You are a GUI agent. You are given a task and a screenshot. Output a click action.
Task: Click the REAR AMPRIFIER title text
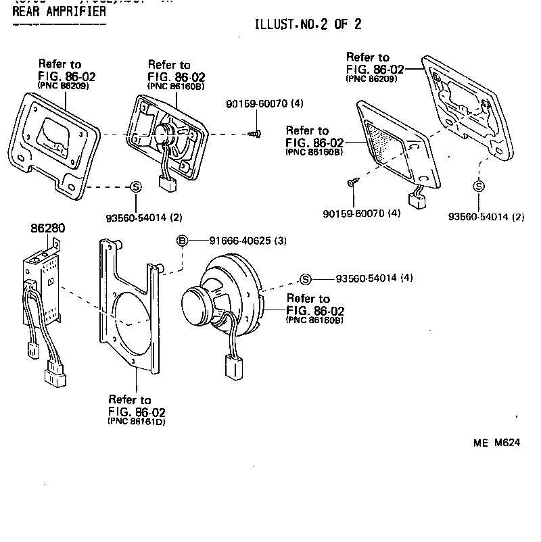59,11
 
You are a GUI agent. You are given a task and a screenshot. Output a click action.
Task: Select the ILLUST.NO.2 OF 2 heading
308,25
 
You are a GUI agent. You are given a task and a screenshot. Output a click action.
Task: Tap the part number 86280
47,228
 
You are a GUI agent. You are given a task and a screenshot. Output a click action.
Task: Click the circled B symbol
182,240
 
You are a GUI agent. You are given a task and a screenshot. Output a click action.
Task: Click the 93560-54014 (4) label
375,278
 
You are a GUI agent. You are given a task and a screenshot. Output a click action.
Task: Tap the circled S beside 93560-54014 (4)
306,278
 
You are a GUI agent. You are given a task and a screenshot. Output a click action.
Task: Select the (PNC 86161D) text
137,422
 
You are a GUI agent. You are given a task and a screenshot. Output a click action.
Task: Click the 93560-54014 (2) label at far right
486,217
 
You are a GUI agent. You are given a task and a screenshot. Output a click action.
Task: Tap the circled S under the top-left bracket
135,187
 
